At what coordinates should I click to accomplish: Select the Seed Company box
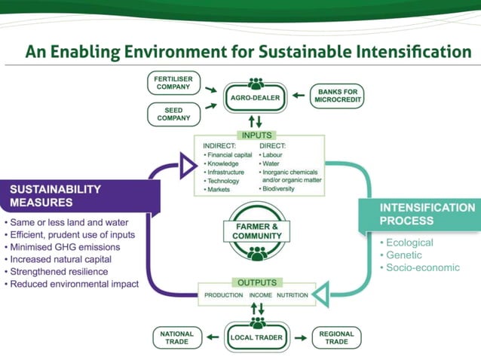coord(174,114)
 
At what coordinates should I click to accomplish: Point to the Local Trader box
coord(256,338)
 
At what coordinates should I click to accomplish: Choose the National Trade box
coord(176,338)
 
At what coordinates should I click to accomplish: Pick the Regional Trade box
coord(336,338)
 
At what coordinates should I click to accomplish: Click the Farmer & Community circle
coord(257,231)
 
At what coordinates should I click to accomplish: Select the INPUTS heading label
coord(256,135)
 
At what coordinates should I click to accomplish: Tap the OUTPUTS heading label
coord(256,282)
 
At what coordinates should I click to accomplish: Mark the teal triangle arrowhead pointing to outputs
coord(322,294)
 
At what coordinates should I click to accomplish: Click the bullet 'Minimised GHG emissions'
coord(62,247)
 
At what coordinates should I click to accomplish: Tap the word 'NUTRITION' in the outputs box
coord(293,295)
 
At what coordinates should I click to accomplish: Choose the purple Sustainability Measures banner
coord(79,196)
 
